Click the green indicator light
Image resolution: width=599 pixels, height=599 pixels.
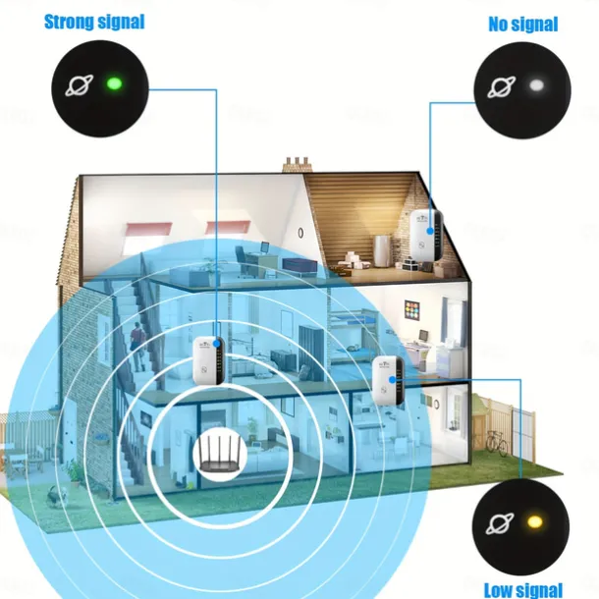click(114, 82)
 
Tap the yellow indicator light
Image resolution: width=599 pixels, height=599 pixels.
click(535, 521)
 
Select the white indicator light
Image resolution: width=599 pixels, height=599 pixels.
click(536, 85)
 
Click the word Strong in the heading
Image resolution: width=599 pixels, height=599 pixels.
click(68, 22)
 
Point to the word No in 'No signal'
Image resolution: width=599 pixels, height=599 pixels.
click(498, 24)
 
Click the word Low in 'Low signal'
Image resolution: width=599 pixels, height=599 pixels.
click(500, 590)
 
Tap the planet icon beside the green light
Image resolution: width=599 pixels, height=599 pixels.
click(80, 85)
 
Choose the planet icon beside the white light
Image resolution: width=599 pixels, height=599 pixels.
click(501, 87)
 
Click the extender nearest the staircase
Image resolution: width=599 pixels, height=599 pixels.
click(208, 360)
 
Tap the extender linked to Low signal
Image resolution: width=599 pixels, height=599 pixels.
click(388, 380)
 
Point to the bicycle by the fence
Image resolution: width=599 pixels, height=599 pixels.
click(497, 442)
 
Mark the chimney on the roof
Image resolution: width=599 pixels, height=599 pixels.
click(298, 165)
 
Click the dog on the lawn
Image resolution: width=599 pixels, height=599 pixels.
click(57, 496)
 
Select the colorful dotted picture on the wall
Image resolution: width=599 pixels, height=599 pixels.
click(411, 311)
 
